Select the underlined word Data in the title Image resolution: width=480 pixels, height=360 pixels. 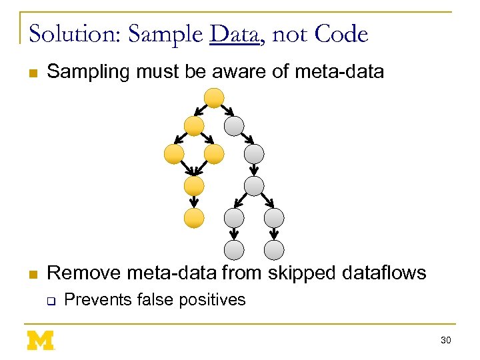click(233, 33)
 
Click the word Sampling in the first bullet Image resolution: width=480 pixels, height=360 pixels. click(87, 72)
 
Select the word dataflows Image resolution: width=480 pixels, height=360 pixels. click(385, 273)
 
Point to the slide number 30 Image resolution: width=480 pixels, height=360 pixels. click(446, 341)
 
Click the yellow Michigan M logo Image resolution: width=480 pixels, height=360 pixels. click(41, 340)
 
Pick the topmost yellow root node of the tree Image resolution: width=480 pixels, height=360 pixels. click(214, 98)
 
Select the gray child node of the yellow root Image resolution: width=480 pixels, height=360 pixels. click(234, 126)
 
